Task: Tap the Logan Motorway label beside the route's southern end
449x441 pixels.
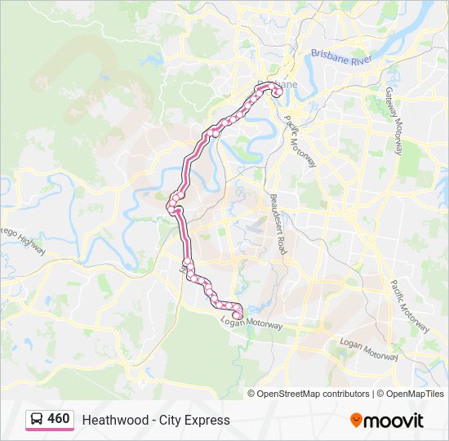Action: tap(251, 324)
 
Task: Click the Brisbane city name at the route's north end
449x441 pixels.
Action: tap(282, 84)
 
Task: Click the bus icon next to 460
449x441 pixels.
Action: tap(37, 419)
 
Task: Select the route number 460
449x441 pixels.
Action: tap(59, 419)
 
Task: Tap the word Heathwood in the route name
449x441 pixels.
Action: tap(109, 420)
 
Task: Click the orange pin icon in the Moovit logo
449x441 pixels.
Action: tap(357, 420)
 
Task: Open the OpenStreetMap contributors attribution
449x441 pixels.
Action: tap(313, 394)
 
